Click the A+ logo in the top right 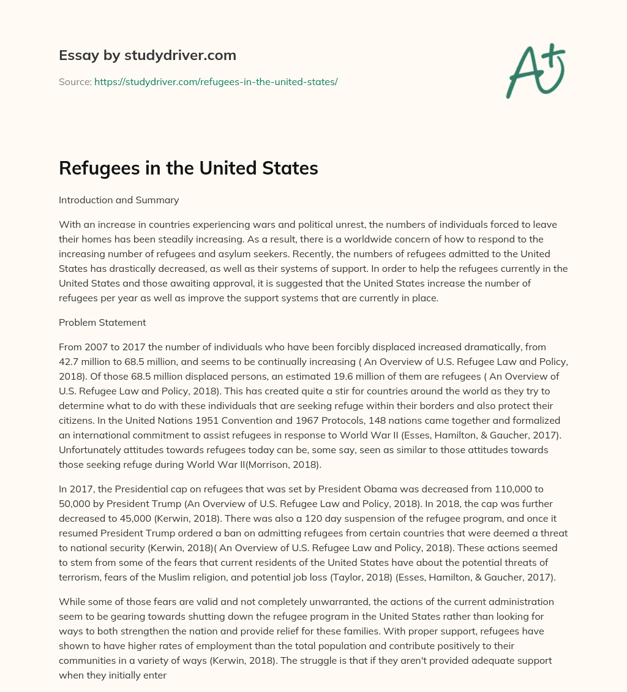(536, 70)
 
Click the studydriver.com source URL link (216, 81)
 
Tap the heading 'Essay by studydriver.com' (147, 55)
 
